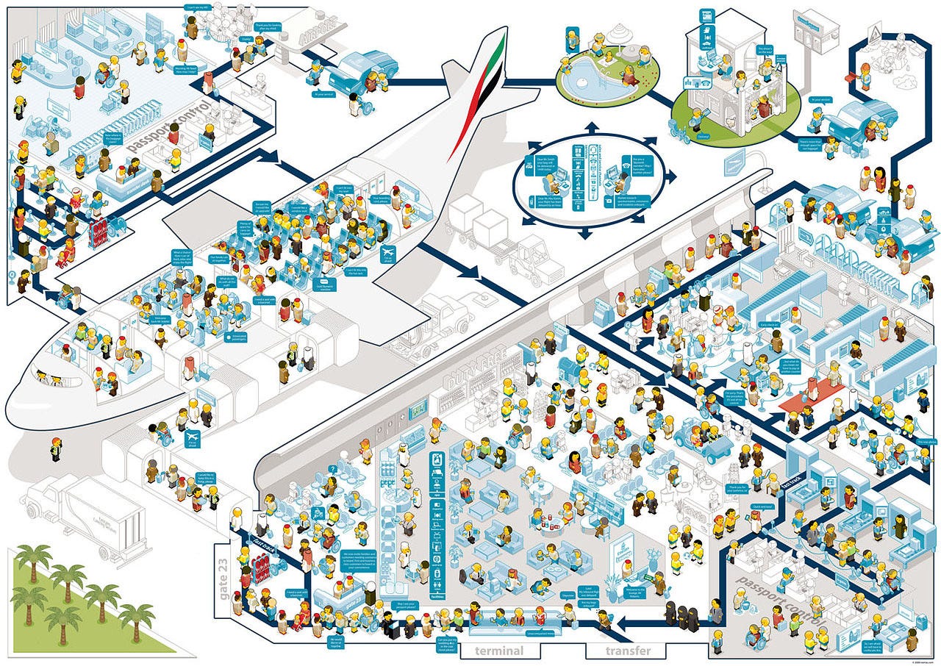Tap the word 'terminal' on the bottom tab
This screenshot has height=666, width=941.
tap(499, 651)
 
